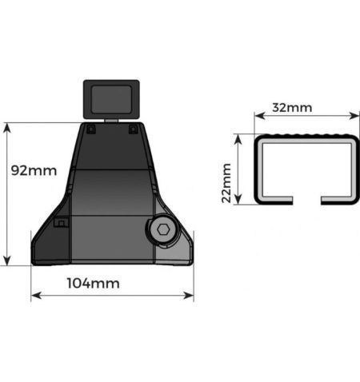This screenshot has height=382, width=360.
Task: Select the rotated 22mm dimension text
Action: coord(227,182)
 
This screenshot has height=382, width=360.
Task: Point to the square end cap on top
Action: coord(111,100)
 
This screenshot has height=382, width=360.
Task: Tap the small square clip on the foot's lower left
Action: coord(60,225)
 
